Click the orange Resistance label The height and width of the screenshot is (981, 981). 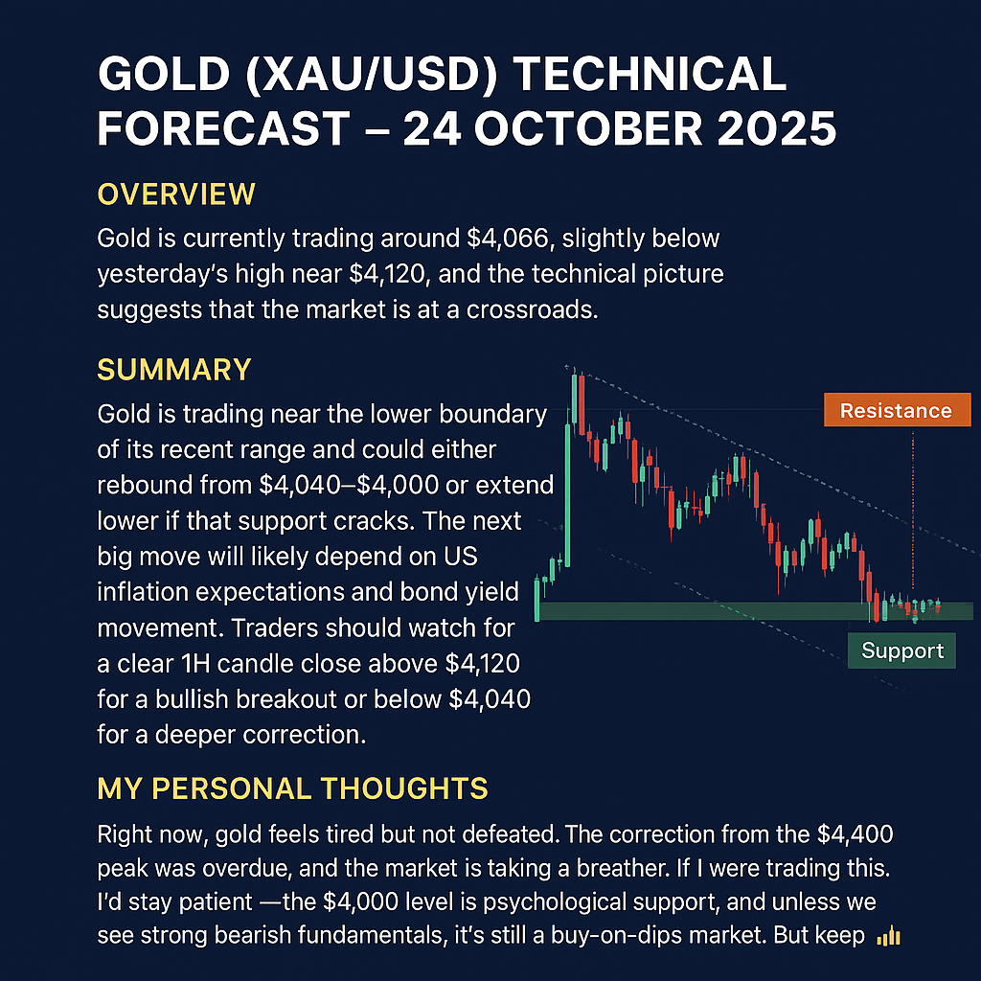(896, 410)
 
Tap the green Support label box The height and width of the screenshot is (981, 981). (901, 651)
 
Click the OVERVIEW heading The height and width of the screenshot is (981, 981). (176, 194)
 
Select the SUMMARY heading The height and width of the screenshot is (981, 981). (174, 369)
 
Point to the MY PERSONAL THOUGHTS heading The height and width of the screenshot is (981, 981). (293, 788)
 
